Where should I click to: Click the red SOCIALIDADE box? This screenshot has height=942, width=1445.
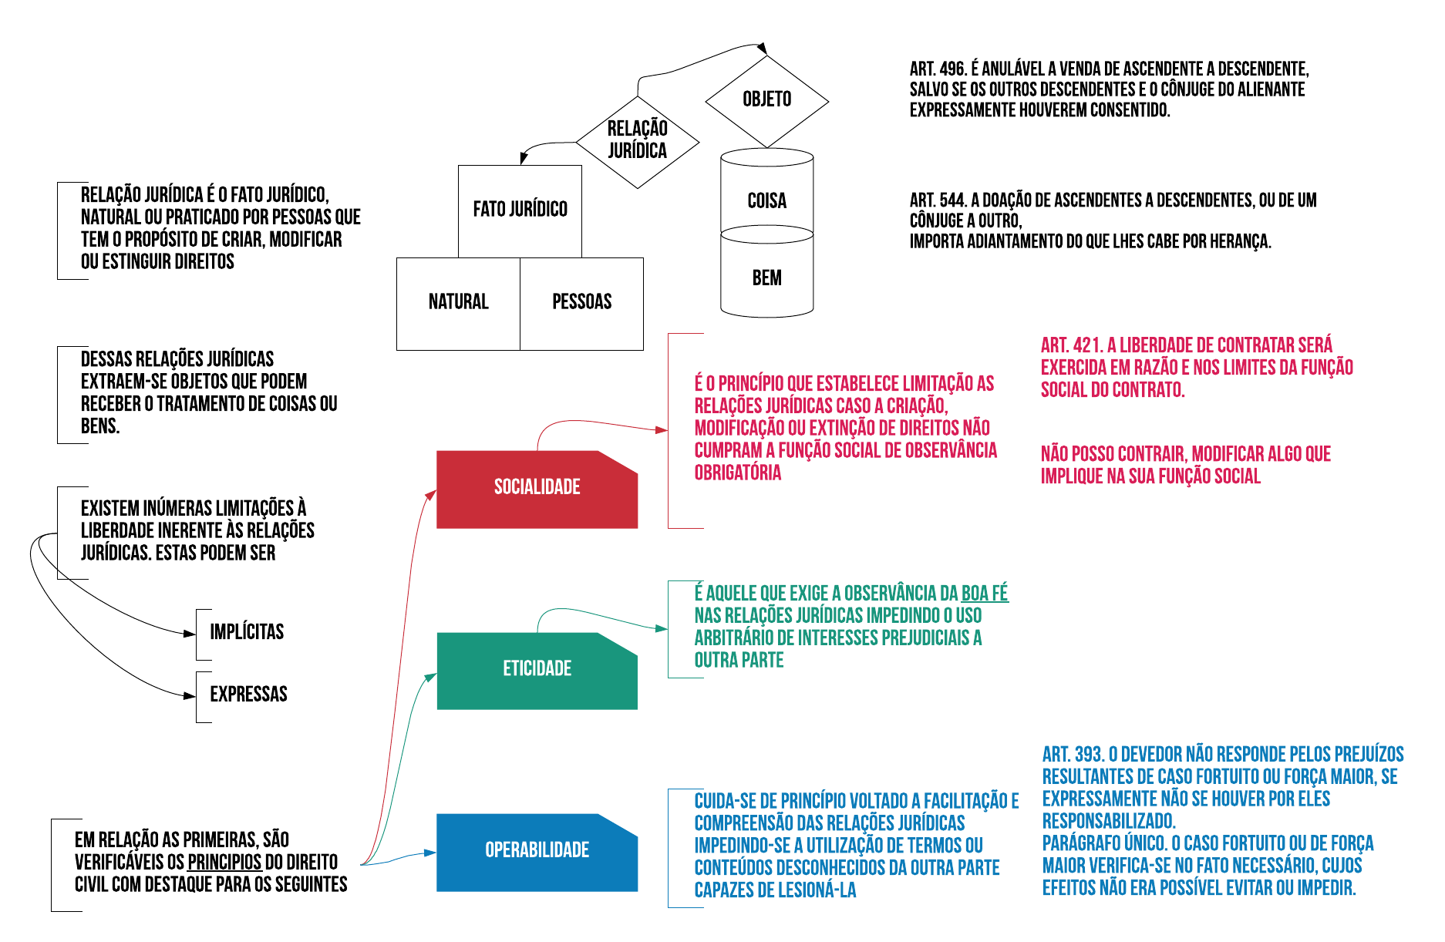[x=537, y=489]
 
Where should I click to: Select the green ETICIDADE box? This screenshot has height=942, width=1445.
[x=537, y=670]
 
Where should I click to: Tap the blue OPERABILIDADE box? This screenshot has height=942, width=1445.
[x=537, y=851]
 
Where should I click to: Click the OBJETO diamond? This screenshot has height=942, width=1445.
[x=766, y=100]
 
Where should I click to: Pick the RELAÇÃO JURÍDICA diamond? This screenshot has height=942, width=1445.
[x=637, y=141]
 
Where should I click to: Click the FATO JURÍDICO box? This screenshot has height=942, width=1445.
[x=520, y=210]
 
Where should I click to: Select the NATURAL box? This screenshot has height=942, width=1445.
[x=458, y=303]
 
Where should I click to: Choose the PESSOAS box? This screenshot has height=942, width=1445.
[x=581, y=303]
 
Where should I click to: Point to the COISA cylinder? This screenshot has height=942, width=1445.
[x=766, y=200]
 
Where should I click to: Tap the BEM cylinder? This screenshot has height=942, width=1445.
[x=766, y=278]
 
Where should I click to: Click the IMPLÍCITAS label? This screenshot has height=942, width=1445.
[x=247, y=633]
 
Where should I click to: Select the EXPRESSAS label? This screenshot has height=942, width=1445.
[x=248, y=695]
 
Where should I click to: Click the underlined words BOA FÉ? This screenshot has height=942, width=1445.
[x=985, y=594]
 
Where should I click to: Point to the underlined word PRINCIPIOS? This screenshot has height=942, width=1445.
[x=224, y=863]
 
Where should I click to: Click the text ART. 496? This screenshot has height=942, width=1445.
[x=938, y=69]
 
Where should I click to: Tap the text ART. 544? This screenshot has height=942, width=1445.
[x=938, y=200]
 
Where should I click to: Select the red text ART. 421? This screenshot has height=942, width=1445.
[x=1070, y=345]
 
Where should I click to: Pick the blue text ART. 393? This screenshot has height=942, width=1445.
[x=1073, y=755]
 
